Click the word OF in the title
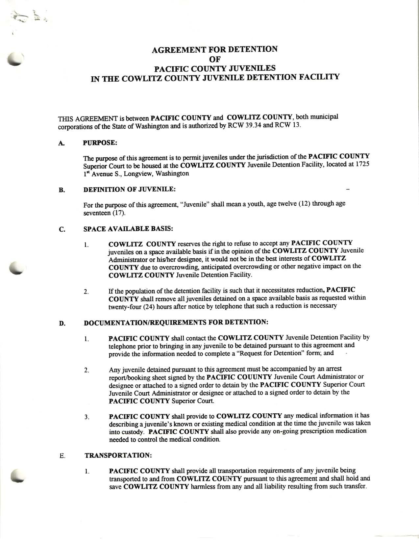tap(214, 59)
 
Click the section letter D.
tap(61, 323)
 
